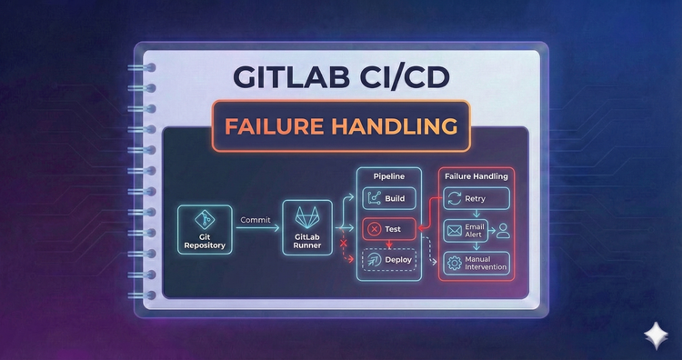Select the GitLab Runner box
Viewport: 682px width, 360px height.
pos(306,228)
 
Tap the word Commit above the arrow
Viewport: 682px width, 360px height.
pos(256,219)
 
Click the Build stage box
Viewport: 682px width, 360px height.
pos(389,198)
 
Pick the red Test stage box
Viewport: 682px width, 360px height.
pos(387,229)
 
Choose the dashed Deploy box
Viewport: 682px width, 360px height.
pos(389,260)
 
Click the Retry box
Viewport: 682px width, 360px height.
pos(476,198)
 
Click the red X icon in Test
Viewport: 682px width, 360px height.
pos(373,229)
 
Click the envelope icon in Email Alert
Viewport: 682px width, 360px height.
pos(454,232)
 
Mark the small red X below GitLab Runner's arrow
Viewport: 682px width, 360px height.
pos(344,244)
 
